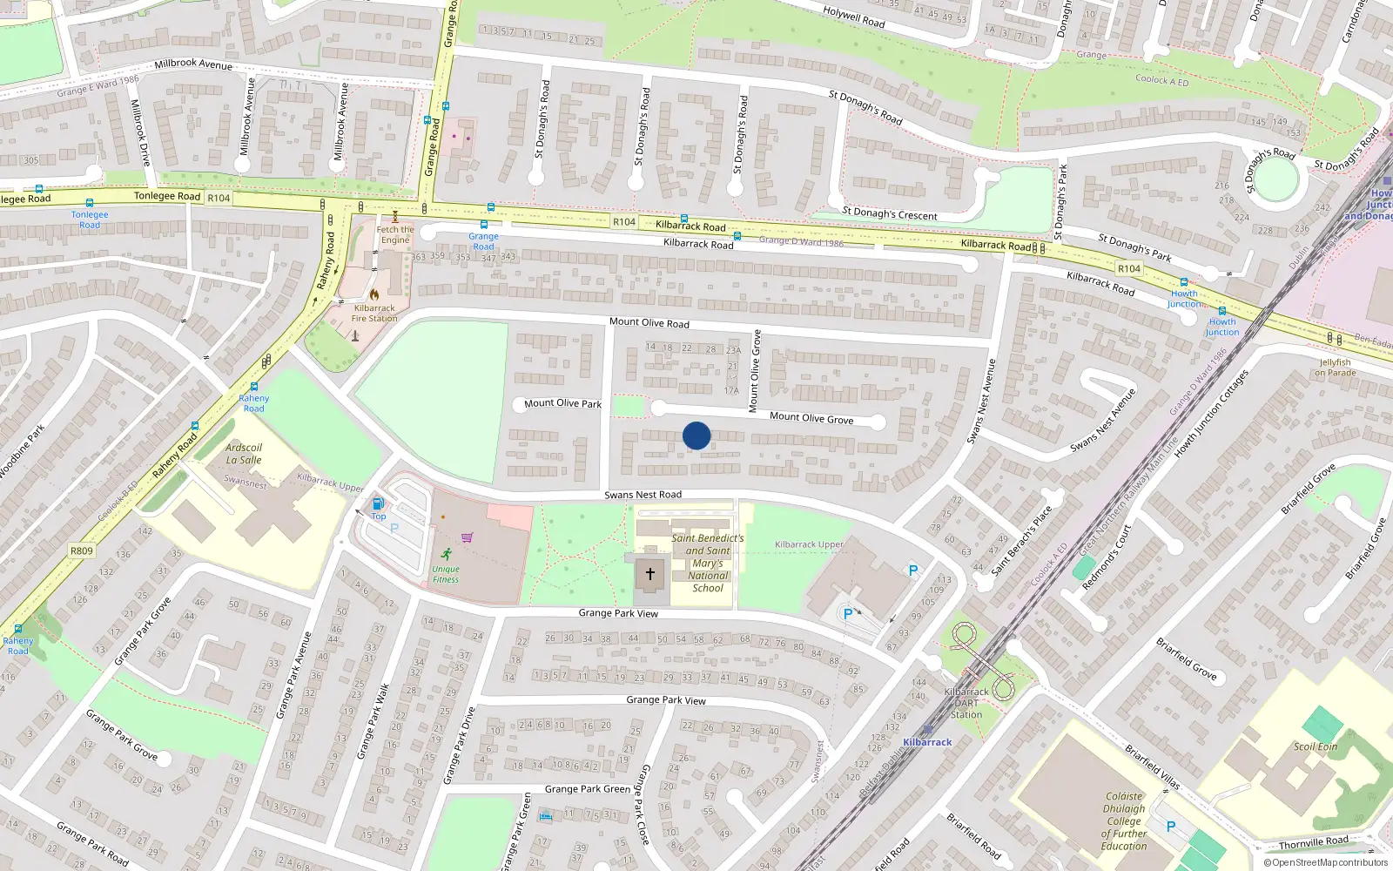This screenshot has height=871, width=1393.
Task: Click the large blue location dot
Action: pyautogui.click(x=696, y=435)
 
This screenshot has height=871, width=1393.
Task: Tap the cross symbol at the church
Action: pyautogui.click(x=649, y=574)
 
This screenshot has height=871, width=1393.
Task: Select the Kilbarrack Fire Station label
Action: pyautogui.click(x=374, y=314)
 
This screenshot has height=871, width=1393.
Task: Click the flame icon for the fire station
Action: pyautogui.click(x=374, y=294)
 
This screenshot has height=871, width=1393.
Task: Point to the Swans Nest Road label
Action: pyautogui.click(x=643, y=495)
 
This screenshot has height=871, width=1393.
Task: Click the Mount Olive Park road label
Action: pyautogui.click(x=562, y=403)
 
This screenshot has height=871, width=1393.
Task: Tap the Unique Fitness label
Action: pyautogui.click(x=446, y=574)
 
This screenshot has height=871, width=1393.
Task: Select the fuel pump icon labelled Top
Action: pyautogui.click(x=378, y=503)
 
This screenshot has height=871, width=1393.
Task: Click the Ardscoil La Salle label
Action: pyautogui.click(x=244, y=454)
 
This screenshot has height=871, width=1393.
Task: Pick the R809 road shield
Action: pyautogui.click(x=82, y=550)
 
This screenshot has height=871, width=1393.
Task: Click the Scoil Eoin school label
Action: pyautogui.click(x=1315, y=746)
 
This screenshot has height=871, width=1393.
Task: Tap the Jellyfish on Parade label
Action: pyautogui.click(x=1336, y=368)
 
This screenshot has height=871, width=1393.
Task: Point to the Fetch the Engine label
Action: pyautogui.click(x=395, y=234)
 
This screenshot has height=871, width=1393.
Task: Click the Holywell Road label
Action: pyautogui.click(x=854, y=17)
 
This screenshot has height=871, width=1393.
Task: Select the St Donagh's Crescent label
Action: pyautogui.click(x=890, y=213)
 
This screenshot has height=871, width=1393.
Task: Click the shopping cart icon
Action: pyautogui.click(x=467, y=537)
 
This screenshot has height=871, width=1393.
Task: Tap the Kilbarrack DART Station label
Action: pyautogui.click(x=966, y=703)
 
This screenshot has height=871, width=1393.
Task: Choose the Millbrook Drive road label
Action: pyautogui.click(x=141, y=132)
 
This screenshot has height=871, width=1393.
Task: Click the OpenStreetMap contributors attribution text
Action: pyautogui.click(x=1326, y=863)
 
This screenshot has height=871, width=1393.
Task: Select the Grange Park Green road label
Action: pyautogui.click(x=588, y=789)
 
